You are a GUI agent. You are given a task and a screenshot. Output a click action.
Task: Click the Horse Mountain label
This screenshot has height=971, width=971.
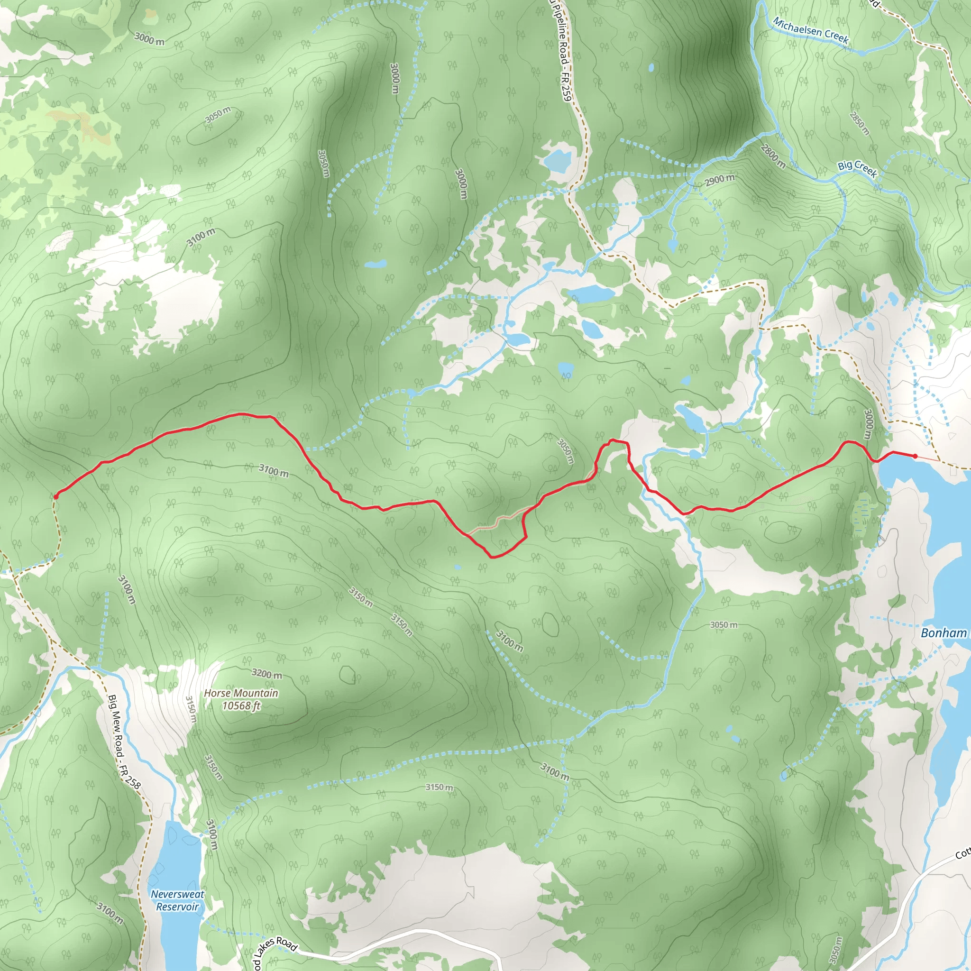coord(241,693)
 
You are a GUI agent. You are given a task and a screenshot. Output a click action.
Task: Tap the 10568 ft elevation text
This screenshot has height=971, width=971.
coord(241,705)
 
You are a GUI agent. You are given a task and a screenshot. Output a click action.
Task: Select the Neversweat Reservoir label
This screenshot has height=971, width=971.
coord(177,901)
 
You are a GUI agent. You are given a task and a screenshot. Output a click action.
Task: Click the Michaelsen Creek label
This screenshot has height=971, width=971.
coord(811,31)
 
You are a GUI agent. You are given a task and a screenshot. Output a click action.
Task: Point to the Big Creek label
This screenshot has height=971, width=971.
coord(857,169)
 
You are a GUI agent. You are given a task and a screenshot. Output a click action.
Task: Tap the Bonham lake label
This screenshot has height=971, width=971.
coord(944,633)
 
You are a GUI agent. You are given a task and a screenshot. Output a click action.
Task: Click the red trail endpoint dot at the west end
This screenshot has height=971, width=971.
coord(55,496)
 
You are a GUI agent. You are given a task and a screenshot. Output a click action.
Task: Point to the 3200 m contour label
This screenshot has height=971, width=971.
coord(266,673)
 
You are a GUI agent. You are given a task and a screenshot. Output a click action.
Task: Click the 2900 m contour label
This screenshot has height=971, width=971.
coord(719,180)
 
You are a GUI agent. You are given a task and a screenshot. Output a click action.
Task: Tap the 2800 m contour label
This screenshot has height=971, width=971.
coord(772,156)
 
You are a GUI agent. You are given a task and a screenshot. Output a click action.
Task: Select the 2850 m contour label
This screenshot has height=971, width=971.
coord(860,124)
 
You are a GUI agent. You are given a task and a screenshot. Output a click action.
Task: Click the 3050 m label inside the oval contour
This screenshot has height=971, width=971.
coord(218,115)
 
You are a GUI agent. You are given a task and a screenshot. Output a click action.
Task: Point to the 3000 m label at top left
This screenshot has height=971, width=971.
coord(149,39)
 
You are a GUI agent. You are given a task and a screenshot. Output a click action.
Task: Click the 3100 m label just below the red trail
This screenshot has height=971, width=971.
coord(274,470)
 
